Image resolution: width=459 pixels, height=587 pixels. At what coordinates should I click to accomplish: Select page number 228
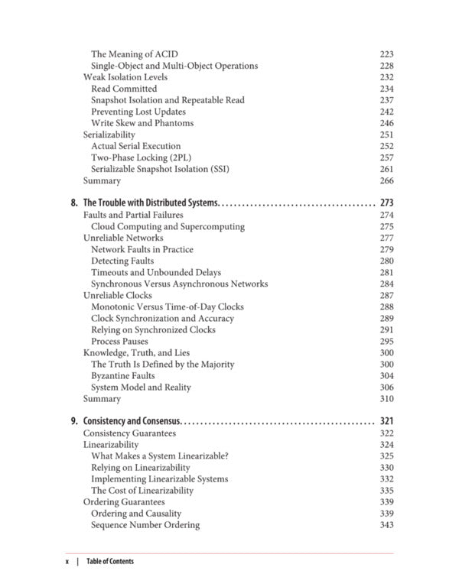click(386, 66)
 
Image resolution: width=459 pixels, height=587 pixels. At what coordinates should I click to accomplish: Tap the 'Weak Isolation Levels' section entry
click(125, 77)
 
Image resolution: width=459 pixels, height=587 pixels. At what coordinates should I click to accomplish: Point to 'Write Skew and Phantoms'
click(142, 123)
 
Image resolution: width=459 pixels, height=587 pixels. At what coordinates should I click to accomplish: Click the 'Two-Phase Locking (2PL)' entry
click(142, 157)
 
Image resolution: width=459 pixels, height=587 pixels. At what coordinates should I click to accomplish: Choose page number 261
click(386, 169)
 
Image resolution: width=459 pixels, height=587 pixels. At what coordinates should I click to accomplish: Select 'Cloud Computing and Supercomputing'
click(168, 226)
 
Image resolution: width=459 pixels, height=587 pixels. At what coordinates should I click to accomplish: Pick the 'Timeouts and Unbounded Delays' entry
click(156, 272)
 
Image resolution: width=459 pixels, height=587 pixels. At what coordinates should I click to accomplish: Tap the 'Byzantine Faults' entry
click(123, 375)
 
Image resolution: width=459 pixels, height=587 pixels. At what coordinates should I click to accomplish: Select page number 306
click(386, 387)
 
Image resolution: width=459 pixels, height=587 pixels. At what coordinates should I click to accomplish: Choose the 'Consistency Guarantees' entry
click(129, 433)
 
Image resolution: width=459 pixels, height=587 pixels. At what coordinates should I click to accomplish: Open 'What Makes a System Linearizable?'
click(160, 456)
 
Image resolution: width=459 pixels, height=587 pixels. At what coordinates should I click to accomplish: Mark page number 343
click(386, 525)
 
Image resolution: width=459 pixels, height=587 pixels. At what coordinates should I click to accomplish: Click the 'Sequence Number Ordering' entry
click(145, 525)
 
